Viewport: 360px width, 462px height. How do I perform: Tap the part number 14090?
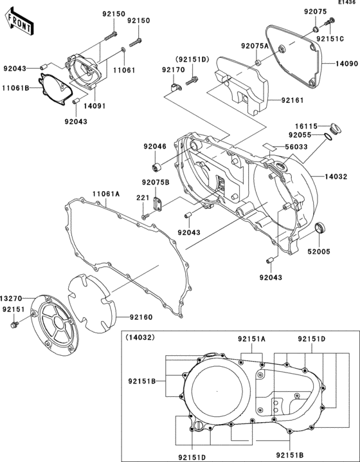[x=346, y=63]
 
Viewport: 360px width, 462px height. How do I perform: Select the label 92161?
[x=292, y=100]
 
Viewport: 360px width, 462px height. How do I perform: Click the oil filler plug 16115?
[x=334, y=127]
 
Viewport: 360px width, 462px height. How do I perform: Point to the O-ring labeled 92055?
[x=328, y=136]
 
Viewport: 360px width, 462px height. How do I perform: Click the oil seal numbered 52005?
[x=321, y=228]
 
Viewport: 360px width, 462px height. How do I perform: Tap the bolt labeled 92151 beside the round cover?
[x=14, y=325]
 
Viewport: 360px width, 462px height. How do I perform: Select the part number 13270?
[x=11, y=299]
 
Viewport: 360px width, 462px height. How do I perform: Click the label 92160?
[x=141, y=317]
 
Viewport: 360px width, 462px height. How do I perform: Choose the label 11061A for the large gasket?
[x=106, y=194]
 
